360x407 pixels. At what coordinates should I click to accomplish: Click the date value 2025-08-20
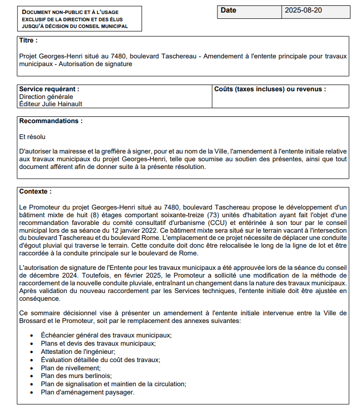pyautogui.click(x=303, y=11)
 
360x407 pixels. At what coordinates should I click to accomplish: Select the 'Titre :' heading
pyautogui.click(x=29, y=41)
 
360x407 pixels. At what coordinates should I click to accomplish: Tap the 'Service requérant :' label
pyautogui.click(x=49, y=89)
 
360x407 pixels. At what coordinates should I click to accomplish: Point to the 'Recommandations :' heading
pyautogui.click(x=51, y=121)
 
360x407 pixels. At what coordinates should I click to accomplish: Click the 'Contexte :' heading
pyautogui.click(x=35, y=192)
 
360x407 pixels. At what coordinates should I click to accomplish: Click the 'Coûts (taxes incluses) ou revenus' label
pyautogui.click(x=270, y=89)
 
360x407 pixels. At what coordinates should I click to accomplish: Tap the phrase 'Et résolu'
pyautogui.click(x=32, y=137)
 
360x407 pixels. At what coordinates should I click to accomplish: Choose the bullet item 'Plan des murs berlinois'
pyautogui.click(x=76, y=376)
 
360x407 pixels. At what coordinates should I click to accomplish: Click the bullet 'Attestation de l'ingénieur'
pyautogui.click(x=78, y=351)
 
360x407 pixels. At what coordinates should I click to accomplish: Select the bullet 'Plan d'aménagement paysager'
pyautogui.click(x=87, y=392)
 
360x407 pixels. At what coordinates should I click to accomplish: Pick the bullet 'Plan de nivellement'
pyautogui.click(x=71, y=367)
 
